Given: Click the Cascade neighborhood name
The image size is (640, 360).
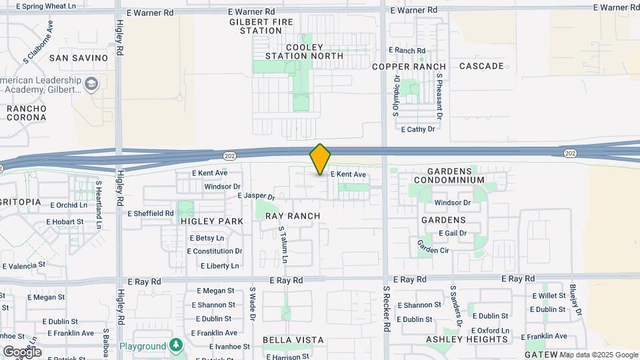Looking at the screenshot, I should point(481,66).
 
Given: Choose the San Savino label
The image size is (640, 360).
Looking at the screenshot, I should point(79,58).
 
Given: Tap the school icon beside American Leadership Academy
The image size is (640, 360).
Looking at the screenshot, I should point(91,84).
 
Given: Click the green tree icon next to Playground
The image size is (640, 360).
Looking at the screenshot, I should point(176,345).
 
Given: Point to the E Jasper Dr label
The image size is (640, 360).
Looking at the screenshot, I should point(256,197).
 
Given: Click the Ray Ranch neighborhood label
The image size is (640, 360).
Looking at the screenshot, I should point(293,216).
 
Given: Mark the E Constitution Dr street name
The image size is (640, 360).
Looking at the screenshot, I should point(215,251).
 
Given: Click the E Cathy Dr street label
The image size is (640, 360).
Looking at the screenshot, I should point(417,129).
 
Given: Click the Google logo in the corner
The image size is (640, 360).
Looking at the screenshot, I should point(22,351).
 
